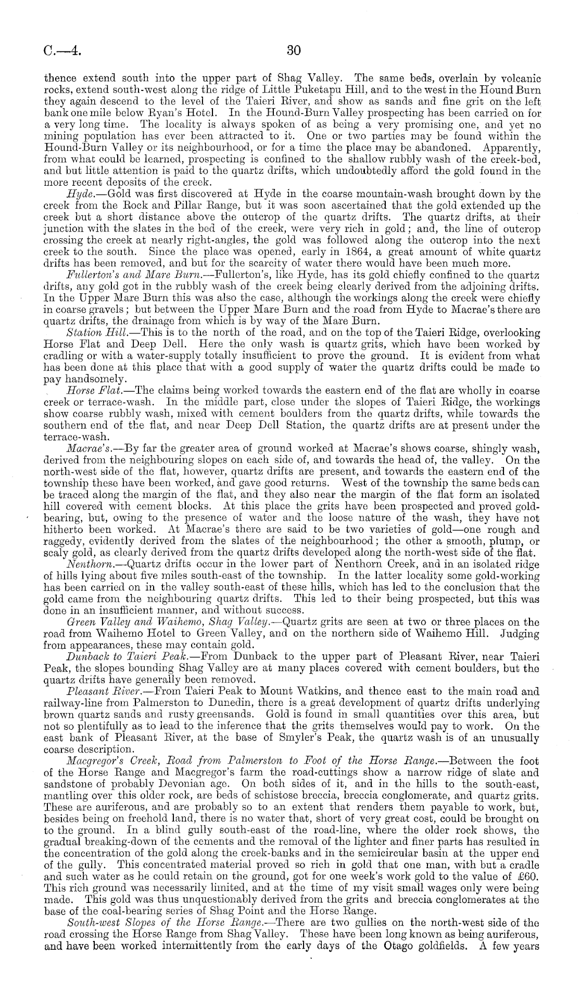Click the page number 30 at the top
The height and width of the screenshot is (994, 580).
[x=294, y=50]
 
